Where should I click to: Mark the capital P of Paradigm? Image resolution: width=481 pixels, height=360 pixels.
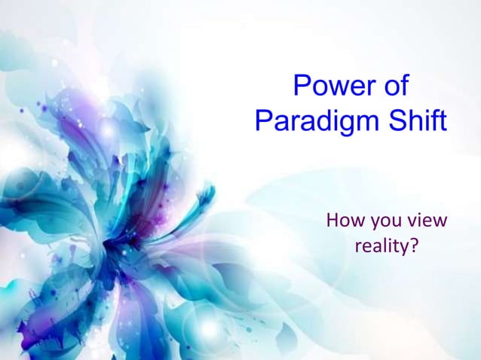[264, 121]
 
